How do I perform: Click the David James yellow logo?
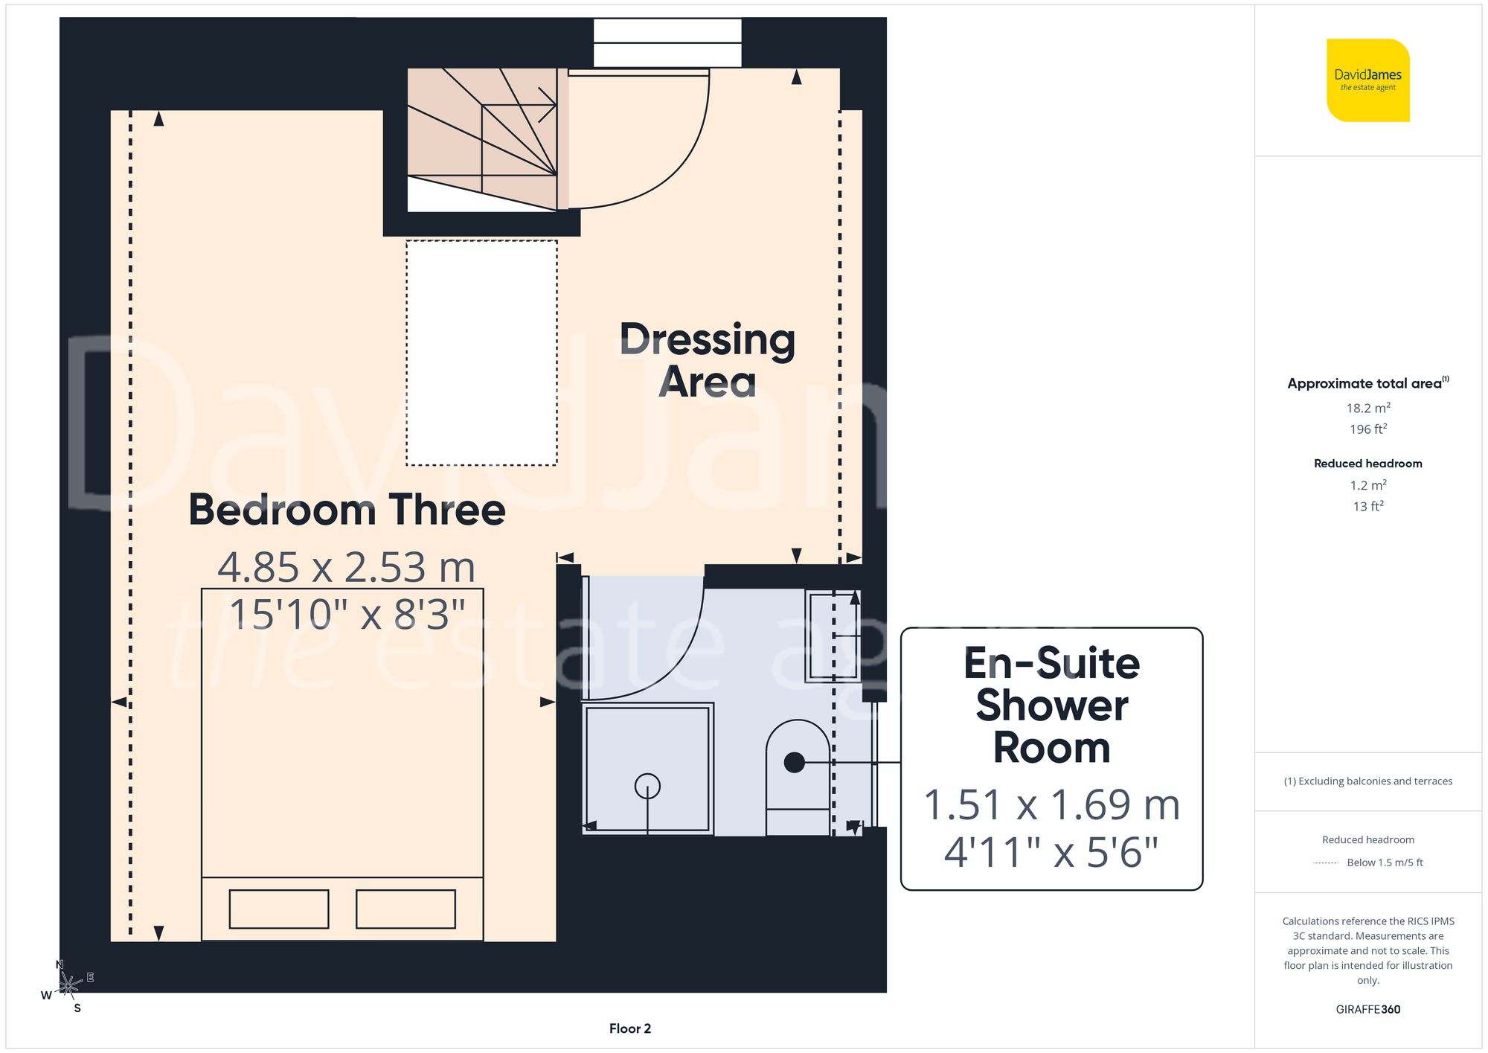click(1367, 80)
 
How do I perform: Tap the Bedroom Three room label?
click(347, 511)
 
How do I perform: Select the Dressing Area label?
click(707, 360)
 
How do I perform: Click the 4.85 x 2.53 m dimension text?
click(347, 567)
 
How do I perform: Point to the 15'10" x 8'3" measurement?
click(347, 615)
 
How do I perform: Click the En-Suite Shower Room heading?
click(1051, 705)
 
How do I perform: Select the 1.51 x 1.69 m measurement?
click(1051, 805)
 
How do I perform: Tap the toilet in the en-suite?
click(798, 774)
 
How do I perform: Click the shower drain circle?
click(647, 786)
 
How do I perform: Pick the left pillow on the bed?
click(279, 909)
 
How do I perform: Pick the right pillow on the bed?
click(405, 909)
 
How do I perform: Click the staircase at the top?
click(482, 138)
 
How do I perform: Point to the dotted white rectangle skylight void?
click(481, 353)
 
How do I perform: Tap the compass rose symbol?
click(68, 986)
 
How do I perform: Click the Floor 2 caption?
click(629, 1028)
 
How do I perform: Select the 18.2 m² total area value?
click(1367, 408)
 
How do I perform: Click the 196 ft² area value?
click(1367, 429)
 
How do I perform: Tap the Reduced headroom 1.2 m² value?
click(1367, 485)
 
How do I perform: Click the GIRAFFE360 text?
click(1367, 1009)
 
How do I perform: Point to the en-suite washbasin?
click(833, 636)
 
